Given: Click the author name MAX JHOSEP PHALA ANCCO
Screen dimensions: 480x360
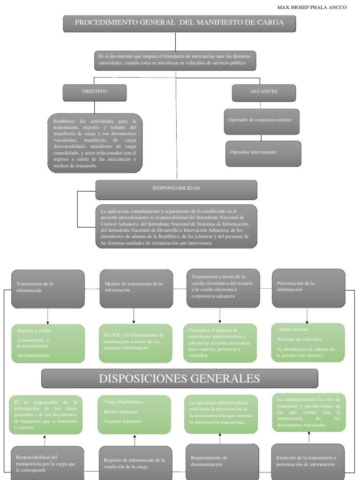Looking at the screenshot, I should (312, 7).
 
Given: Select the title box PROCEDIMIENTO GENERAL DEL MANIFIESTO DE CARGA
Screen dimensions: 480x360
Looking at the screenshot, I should (180, 23).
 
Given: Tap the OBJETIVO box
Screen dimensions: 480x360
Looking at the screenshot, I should (95, 92).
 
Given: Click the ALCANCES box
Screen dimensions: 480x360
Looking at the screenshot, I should (263, 92).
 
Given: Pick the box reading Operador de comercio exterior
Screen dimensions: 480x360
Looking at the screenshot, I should (261, 120).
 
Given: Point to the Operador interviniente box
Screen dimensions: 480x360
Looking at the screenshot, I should (263, 153).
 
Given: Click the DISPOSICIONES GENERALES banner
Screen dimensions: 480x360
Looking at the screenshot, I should (180, 378).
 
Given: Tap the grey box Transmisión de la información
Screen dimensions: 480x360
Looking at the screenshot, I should (48, 288).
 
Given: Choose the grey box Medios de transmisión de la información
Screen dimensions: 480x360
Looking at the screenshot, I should (134, 288).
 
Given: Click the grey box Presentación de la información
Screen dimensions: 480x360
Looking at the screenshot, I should (307, 287).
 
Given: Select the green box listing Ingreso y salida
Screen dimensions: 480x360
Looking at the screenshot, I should (48, 343).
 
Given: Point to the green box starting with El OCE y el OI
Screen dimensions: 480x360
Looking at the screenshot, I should (134, 343).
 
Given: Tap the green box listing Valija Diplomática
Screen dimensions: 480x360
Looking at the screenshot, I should (134, 414).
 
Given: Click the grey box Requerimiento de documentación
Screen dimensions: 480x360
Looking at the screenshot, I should (222, 461).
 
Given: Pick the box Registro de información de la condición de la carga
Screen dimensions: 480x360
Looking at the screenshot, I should (135, 463).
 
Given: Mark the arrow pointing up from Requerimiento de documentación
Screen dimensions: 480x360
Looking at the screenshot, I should (219, 438).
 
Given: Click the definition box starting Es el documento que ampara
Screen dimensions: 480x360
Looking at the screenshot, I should (175, 60).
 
